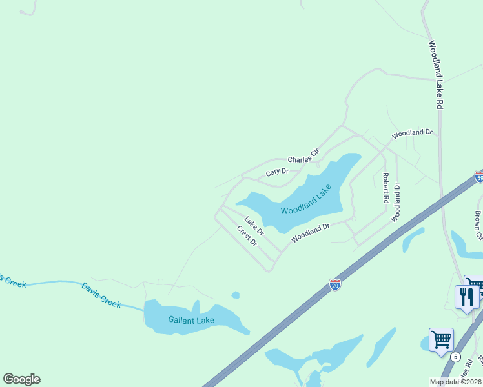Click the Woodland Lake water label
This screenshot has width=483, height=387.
tap(306, 199)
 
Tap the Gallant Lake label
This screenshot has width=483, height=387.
tap(191, 320)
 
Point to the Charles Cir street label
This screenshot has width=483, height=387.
tap(303, 156)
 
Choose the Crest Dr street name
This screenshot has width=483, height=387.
tap(247, 236)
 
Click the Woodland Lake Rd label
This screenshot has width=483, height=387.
tap(435, 74)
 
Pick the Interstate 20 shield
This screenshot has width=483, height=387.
tap(334, 284)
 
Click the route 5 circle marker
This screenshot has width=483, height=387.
tap(456, 357)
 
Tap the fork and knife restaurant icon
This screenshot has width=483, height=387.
tap(466, 297)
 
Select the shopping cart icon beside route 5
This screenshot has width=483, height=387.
tap(441, 339)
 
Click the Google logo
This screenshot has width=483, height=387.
tap(21, 379)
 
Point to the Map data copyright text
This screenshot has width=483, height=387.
tap(456, 382)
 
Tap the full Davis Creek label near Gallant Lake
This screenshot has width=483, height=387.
tap(101, 294)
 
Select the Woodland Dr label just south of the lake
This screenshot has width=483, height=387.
tap(310, 233)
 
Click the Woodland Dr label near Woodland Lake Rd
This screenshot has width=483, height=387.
tap(412, 133)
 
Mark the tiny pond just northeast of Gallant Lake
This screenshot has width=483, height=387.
tap(236, 295)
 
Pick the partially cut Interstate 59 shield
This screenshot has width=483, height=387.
tap(479, 177)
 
